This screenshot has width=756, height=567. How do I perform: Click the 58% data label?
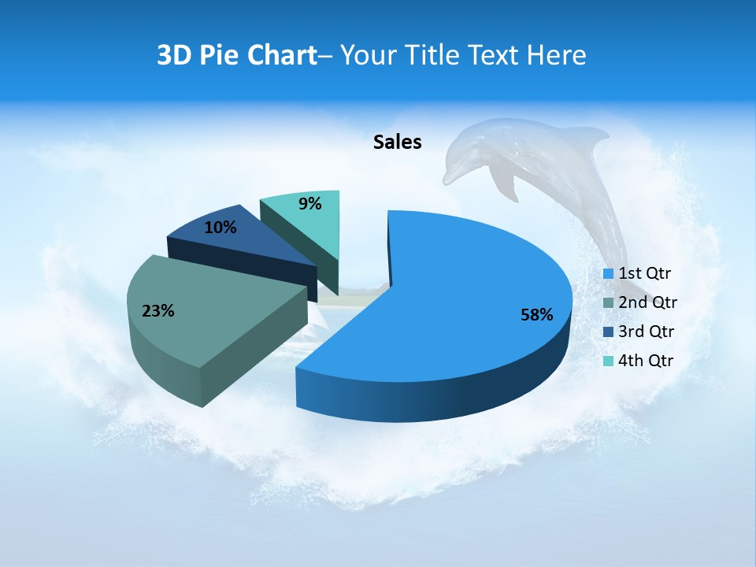tap(536, 315)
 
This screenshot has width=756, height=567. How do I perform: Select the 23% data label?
tap(157, 311)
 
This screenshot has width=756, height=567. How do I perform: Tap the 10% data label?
tap(220, 228)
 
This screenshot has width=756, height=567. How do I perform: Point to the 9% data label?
tap(310, 204)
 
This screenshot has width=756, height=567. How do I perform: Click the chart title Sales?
tap(397, 142)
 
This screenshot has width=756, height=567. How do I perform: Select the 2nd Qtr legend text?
tap(647, 302)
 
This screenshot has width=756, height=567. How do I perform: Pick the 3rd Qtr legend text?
tap(646, 332)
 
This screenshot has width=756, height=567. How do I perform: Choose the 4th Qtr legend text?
tap(646, 361)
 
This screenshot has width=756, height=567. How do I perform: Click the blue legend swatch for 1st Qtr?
tap(608, 274)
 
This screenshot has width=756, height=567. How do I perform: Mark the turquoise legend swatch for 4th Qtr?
tap(608, 361)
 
